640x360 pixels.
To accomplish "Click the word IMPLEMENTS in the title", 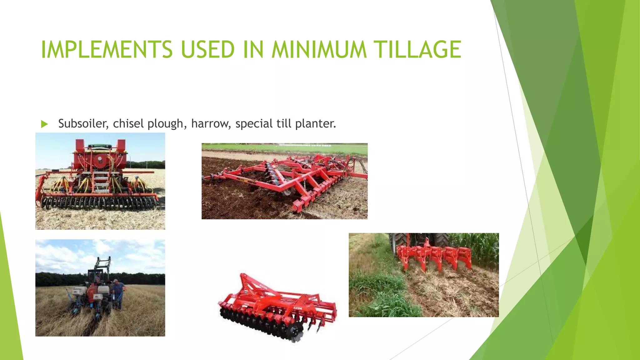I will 107,49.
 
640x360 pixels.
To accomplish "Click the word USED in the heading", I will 208,49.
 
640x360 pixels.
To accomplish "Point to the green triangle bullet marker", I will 44,124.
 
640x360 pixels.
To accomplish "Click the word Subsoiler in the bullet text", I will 83,124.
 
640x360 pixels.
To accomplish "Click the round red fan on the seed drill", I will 100,160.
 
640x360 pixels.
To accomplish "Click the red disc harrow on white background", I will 277,308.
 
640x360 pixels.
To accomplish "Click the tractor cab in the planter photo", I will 96,277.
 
